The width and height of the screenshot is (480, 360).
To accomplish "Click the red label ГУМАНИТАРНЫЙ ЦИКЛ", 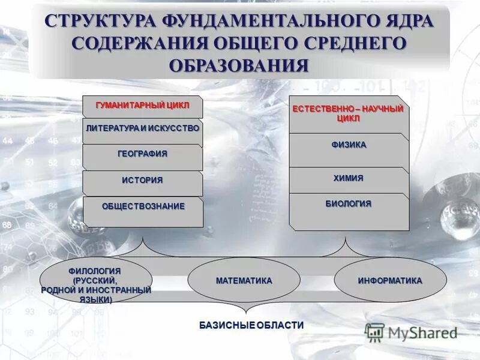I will coord(142,106).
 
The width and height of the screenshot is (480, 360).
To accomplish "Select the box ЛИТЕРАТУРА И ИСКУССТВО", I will coord(142,128).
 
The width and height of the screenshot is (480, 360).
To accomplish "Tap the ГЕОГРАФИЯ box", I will coord(142,154).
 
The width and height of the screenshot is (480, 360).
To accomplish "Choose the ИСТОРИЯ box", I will coord(142,180).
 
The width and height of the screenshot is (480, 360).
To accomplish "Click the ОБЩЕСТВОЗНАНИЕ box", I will coord(143,206).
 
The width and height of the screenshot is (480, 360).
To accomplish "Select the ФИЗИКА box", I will coord(349,145).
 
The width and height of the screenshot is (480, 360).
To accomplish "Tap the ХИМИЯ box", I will coord(349,178).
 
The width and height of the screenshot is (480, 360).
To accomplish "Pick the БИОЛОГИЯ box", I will coord(349,204).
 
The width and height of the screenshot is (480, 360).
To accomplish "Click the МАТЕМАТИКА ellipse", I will coord(244,281).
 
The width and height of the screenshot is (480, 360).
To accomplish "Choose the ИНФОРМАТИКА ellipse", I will coord(390,281).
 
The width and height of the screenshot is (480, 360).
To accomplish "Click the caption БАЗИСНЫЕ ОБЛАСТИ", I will coord(251,325).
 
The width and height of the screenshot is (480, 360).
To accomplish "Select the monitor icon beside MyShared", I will coord(374,332).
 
